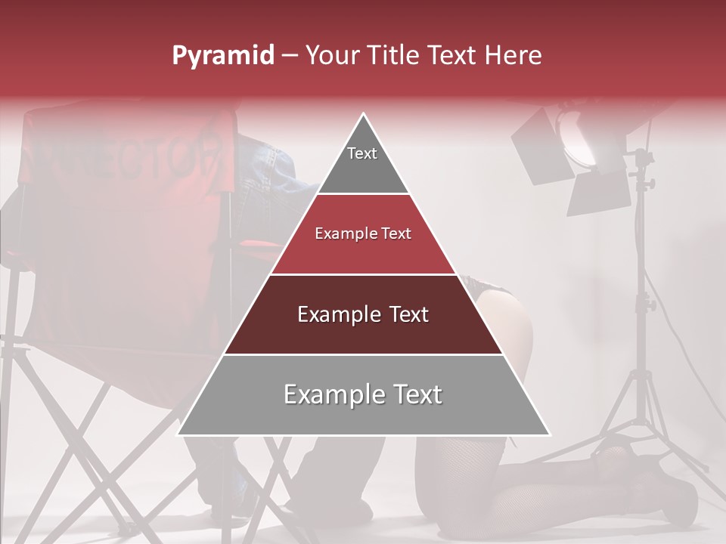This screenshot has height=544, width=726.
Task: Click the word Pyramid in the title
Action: pyautogui.click(x=223, y=56)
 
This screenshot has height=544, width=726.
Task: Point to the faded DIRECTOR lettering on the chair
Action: pyautogui.click(x=129, y=151)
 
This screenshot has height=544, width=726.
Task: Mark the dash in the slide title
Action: pyautogui.click(x=290, y=56)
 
